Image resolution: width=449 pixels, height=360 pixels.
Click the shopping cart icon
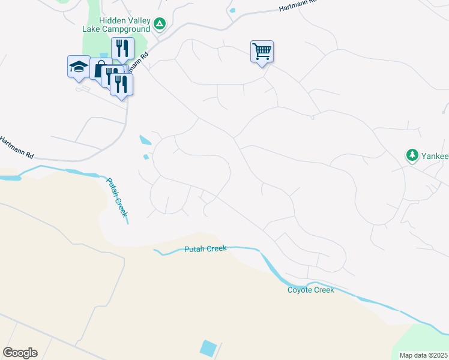[x=262, y=52]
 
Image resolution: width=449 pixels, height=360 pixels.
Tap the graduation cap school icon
[x=79, y=67]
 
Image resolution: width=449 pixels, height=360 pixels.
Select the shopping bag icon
[x=100, y=68]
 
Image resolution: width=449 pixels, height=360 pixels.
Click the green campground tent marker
[x=159, y=24]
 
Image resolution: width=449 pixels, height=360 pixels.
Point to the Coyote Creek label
[x=310, y=290]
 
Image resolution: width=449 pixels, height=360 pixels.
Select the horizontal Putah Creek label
[x=205, y=249]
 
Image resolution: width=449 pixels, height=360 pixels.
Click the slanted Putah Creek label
[x=118, y=197]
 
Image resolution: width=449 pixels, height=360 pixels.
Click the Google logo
[x=20, y=353]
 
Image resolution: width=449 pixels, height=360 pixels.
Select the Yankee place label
[x=435, y=156]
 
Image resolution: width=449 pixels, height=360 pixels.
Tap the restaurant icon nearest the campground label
[x=122, y=49]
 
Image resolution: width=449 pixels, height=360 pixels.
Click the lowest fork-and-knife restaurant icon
[x=121, y=85]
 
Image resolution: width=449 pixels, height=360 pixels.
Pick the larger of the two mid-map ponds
[x=145, y=141]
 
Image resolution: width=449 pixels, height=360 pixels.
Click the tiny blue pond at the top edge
[x=232, y=10]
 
